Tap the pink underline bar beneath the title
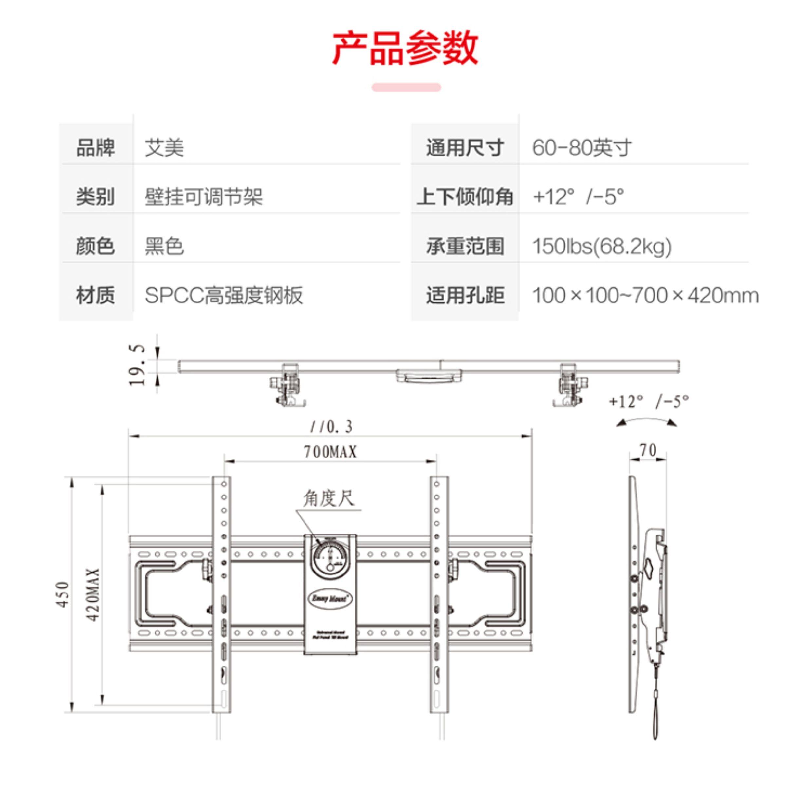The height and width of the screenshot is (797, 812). click(406, 87)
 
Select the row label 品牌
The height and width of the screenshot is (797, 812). click(95, 147)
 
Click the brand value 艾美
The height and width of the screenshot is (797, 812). click(164, 147)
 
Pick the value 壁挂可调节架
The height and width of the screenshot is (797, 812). click(203, 196)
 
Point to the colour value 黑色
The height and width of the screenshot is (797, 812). click(164, 246)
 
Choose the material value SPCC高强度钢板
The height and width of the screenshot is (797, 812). click(223, 295)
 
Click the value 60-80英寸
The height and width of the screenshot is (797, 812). click(581, 147)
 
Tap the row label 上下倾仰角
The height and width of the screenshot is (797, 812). click(465, 196)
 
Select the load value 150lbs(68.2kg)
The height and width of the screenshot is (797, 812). click(601, 246)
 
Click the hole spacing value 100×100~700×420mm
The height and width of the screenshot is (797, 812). click(645, 295)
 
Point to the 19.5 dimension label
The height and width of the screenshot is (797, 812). click(137, 365)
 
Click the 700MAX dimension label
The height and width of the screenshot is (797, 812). click(330, 452)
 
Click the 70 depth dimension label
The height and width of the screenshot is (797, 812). click(648, 450)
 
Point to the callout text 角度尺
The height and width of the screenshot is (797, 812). click(329, 498)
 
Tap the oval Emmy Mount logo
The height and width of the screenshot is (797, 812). click(330, 599)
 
